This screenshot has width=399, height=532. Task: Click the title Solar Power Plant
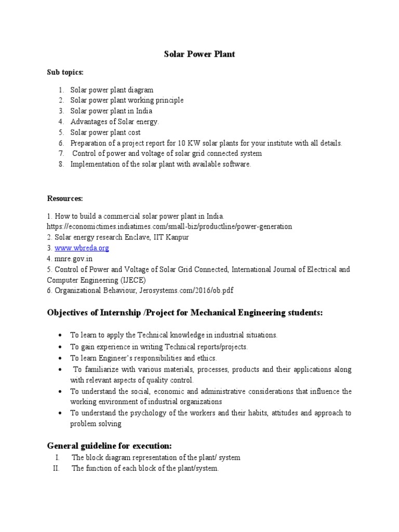(x=200, y=54)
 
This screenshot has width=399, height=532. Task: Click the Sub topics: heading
(x=65, y=72)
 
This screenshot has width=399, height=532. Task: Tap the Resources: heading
(x=65, y=198)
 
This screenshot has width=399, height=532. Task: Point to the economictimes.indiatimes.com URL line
(x=169, y=227)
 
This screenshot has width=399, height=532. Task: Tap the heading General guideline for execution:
(x=110, y=446)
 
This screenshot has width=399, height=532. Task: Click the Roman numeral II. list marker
(x=57, y=468)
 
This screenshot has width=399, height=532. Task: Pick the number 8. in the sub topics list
(x=61, y=164)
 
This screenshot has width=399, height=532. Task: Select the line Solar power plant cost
(x=105, y=132)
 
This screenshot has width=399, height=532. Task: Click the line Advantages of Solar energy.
(x=115, y=122)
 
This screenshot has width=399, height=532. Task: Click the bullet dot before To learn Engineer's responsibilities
(x=61, y=358)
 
